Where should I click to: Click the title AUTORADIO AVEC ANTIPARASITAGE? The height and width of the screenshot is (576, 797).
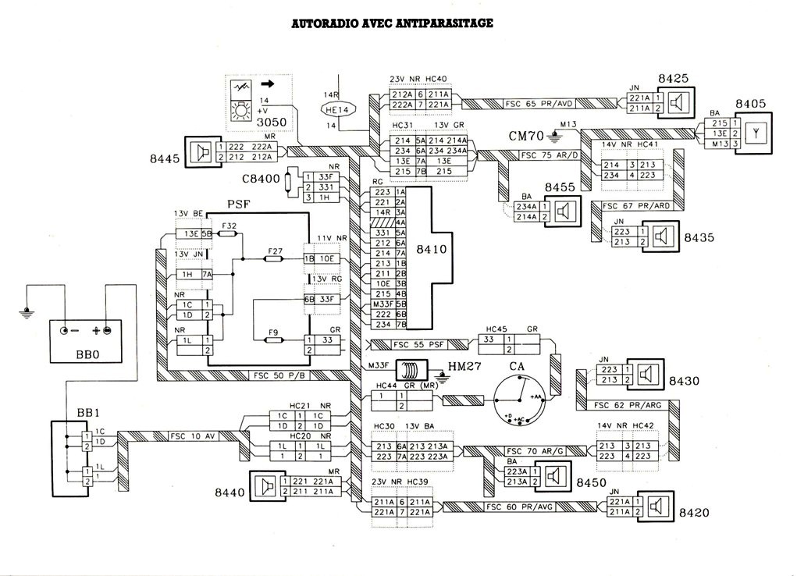coord(392,24)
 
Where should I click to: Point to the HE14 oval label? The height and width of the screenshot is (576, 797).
coord(338,110)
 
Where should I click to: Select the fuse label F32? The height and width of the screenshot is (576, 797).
coord(228,226)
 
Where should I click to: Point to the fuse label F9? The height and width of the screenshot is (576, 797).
coord(272,333)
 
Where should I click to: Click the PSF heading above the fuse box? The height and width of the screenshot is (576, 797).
coord(237,204)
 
